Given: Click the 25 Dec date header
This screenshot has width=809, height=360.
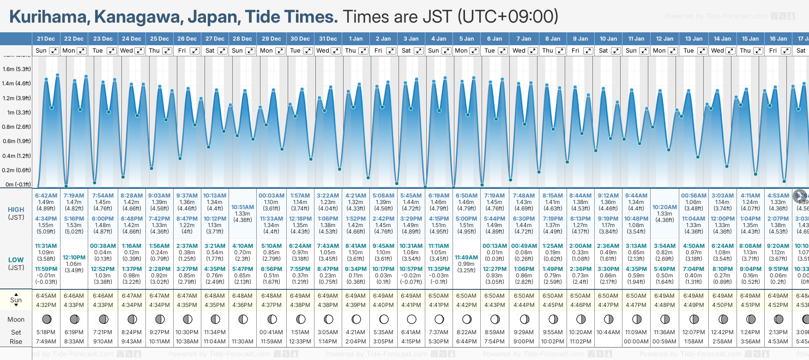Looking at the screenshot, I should pos(159,39).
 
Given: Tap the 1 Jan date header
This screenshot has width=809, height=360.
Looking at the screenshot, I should pos(356,39).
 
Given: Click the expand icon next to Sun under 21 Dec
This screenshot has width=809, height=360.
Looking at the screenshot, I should pos(54,51).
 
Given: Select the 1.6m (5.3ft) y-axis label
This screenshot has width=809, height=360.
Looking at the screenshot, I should pos(17,69).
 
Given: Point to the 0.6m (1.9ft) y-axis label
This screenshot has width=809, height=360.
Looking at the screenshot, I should pos(17,141).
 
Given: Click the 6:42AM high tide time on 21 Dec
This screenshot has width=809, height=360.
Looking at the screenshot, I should pos(46,196).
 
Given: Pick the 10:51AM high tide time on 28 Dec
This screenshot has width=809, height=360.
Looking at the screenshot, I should pos(242,207).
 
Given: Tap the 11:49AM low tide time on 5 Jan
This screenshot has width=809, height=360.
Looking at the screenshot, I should pos(466,258).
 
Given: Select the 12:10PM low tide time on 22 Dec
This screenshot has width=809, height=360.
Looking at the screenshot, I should pos(74,258).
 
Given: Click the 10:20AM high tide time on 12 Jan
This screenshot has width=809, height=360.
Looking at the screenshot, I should pos(664,207).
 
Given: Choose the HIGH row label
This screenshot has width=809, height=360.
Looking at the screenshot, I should pos(16,210).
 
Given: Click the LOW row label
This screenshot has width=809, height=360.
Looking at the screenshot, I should pos(16,260).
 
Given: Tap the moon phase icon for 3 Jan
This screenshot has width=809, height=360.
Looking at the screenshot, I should pos(411,319).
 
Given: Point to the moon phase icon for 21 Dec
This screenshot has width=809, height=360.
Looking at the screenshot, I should pos(46,319).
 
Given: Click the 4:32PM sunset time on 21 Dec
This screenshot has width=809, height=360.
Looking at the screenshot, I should pos(46,305).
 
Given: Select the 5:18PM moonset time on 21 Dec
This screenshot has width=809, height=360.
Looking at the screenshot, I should pos(46,332).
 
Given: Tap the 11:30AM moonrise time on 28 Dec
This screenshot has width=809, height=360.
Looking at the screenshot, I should pos(242,342).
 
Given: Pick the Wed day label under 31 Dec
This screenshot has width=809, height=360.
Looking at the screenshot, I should pos(323,51).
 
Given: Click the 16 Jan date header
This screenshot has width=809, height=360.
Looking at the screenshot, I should pos(778,39).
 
